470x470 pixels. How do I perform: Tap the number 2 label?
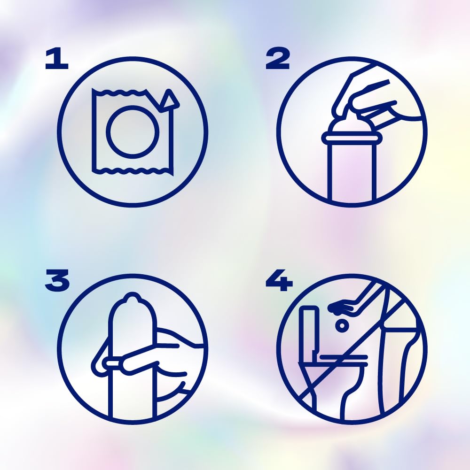(x=278, y=58)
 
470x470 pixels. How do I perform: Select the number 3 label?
(x=57, y=280)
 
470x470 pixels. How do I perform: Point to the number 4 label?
(x=279, y=280)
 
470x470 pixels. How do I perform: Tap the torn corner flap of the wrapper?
(x=169, y=99)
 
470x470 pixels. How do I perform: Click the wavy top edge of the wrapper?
(x=119, y=93)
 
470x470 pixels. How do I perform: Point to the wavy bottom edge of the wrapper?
(x=132, y=171)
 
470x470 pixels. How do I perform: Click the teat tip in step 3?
(x=132, y=297)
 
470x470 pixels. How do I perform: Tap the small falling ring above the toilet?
(x=342, y=326)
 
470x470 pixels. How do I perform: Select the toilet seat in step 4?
(x=343, y=360)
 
